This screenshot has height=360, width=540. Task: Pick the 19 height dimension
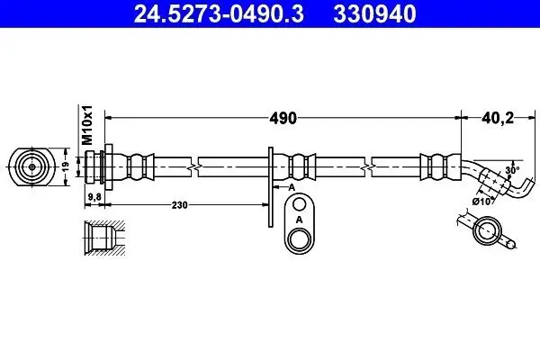tap(65, 166)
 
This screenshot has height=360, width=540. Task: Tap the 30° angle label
tap(512, 169)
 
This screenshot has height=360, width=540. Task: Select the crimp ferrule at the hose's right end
tap(436, 166)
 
